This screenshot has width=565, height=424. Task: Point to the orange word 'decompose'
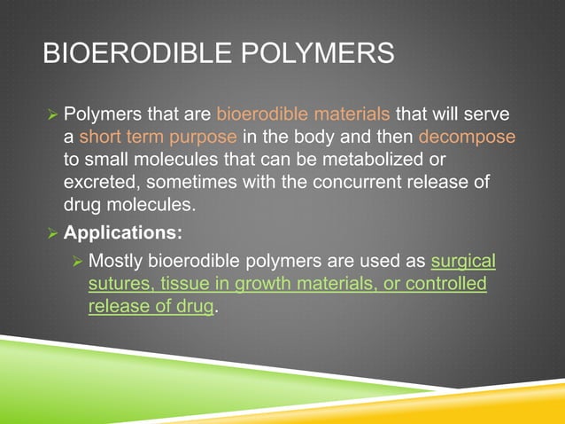(466, 137)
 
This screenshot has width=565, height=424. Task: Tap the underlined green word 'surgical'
(463, 262)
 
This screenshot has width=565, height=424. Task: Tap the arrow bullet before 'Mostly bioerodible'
(77, 263)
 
